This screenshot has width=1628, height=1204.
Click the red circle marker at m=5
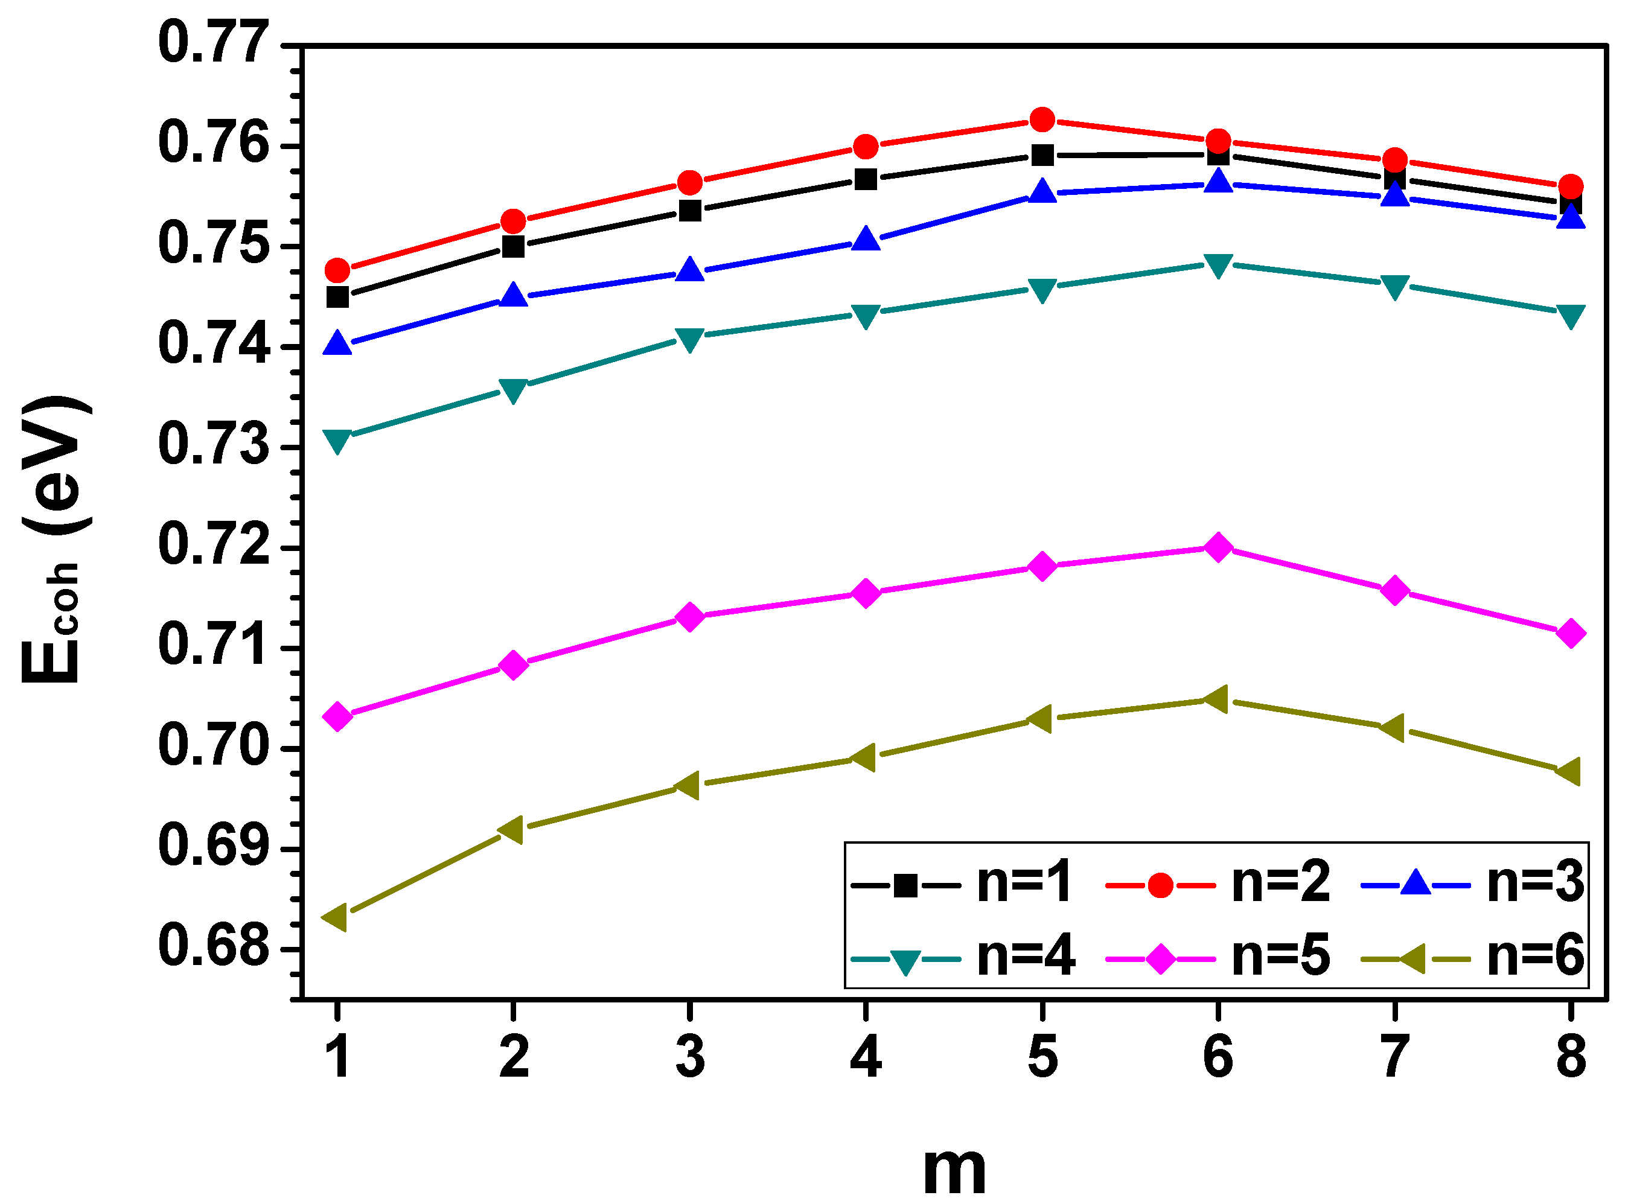coord(1042,119)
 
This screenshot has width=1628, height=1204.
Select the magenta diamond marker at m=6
coord(1218,547)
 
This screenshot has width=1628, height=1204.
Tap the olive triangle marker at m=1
coord(336,917)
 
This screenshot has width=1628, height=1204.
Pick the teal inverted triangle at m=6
coord(1218,266)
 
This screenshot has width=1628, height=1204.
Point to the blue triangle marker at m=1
coord(337,343)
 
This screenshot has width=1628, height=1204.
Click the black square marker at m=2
coord(513,246)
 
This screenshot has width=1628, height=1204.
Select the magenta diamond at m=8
coord(1571,633)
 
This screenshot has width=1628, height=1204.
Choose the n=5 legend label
coord(1280,955)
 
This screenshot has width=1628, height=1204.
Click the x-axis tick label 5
coord(1042,1057)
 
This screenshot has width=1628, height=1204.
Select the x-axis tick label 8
coord(1571,1057)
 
